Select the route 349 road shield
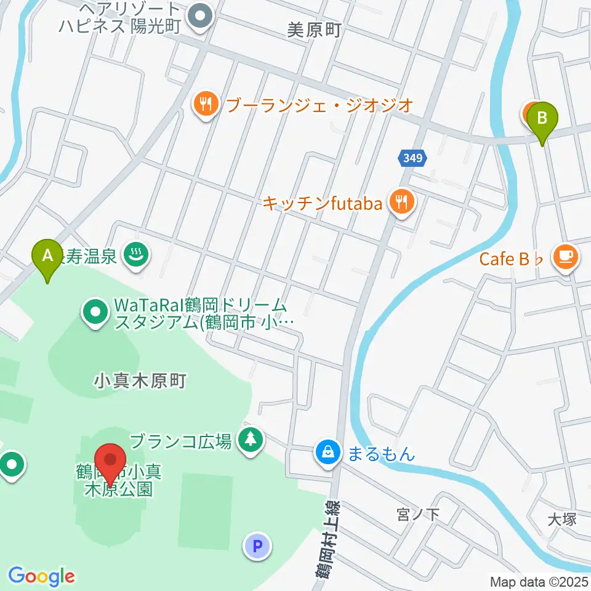[410, 158]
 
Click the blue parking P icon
[257, 545]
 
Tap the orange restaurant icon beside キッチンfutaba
[401, 202]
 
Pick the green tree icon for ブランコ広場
[251, 440]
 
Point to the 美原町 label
[313, 30]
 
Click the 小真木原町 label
[140, 381]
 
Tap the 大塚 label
[561, 519]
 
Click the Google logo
[41, 576]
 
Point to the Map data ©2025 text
[539, 581]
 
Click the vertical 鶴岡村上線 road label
[324, 539]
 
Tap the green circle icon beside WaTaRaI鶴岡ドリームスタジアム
[95, 312]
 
